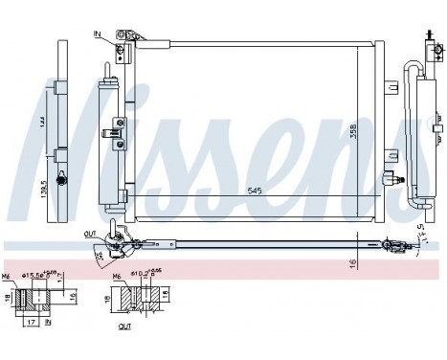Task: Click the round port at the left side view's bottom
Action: (x=62, y=180)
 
